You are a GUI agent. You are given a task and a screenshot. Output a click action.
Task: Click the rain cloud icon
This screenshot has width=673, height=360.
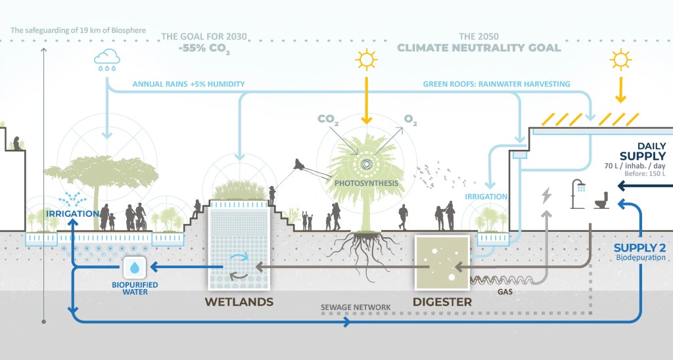pyautogui.click(x=106, y=60)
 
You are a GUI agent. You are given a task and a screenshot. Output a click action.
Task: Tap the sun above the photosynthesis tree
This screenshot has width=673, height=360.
pyautogui.click(x=367, y=60)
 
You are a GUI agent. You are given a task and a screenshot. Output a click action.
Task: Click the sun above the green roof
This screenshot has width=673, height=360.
pyautogui.click(x=619, y=60)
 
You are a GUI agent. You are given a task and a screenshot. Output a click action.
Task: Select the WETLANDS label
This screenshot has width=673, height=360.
pyautogui.click(x=239, y=302)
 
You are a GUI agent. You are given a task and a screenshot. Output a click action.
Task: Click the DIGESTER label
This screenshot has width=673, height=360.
pyautogui.click(x=442, y=302)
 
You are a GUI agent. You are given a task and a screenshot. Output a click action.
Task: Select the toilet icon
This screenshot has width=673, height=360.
pyautogui.click(x=601, y=201)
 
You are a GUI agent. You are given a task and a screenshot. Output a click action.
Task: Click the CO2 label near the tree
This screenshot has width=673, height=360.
pyautogui.click(x=329, y=119)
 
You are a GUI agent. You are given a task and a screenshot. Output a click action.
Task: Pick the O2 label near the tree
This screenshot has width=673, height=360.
pyautogui.click(x=411, y=120)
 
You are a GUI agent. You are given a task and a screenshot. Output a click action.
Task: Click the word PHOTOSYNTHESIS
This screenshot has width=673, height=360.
pyautogui.click(x=366, y=183)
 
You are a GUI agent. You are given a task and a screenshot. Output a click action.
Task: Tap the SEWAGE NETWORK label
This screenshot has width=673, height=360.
pyautogui.click(x=356, y=307)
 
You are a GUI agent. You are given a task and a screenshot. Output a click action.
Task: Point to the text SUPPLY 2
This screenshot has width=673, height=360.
pyautogui.click(x=639, y=248)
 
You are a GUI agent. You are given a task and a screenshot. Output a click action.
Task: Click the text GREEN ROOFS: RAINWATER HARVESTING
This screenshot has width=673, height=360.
pyautogui.click(x=496, y=84)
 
